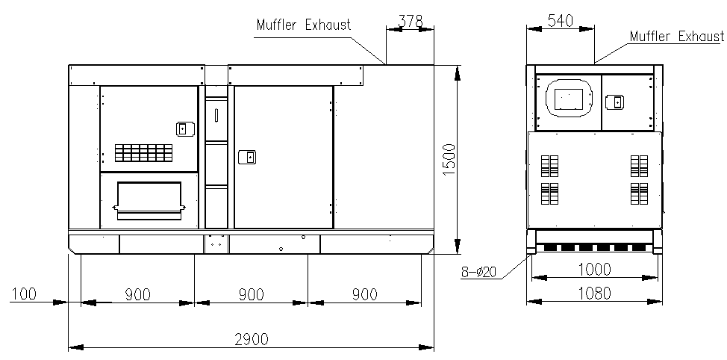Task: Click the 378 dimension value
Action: coord(411,22)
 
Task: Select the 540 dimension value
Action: coord(561,21)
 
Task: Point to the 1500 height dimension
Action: coord(449,159)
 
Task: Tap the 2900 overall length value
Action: coord(252,340)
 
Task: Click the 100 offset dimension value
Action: coord(24,294)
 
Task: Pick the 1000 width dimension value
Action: coord(595,269)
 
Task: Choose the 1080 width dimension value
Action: coord(595,294)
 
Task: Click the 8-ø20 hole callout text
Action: coord(478,272)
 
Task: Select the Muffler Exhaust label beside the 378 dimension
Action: coord(304,25)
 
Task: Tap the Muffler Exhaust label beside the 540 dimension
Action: coord(676,36)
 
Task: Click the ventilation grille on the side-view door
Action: coord(144,152)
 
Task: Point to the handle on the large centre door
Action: coord(248,158)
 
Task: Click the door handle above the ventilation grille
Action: coord(185,128)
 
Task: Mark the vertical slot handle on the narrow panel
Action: coord(216,114)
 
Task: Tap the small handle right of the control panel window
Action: coord(615,102)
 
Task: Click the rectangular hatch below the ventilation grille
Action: coord(149,200)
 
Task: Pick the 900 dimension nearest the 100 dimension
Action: coord(137,294)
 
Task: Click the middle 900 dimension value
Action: coord(252,294)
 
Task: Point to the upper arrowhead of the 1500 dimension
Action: coord(458,73)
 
